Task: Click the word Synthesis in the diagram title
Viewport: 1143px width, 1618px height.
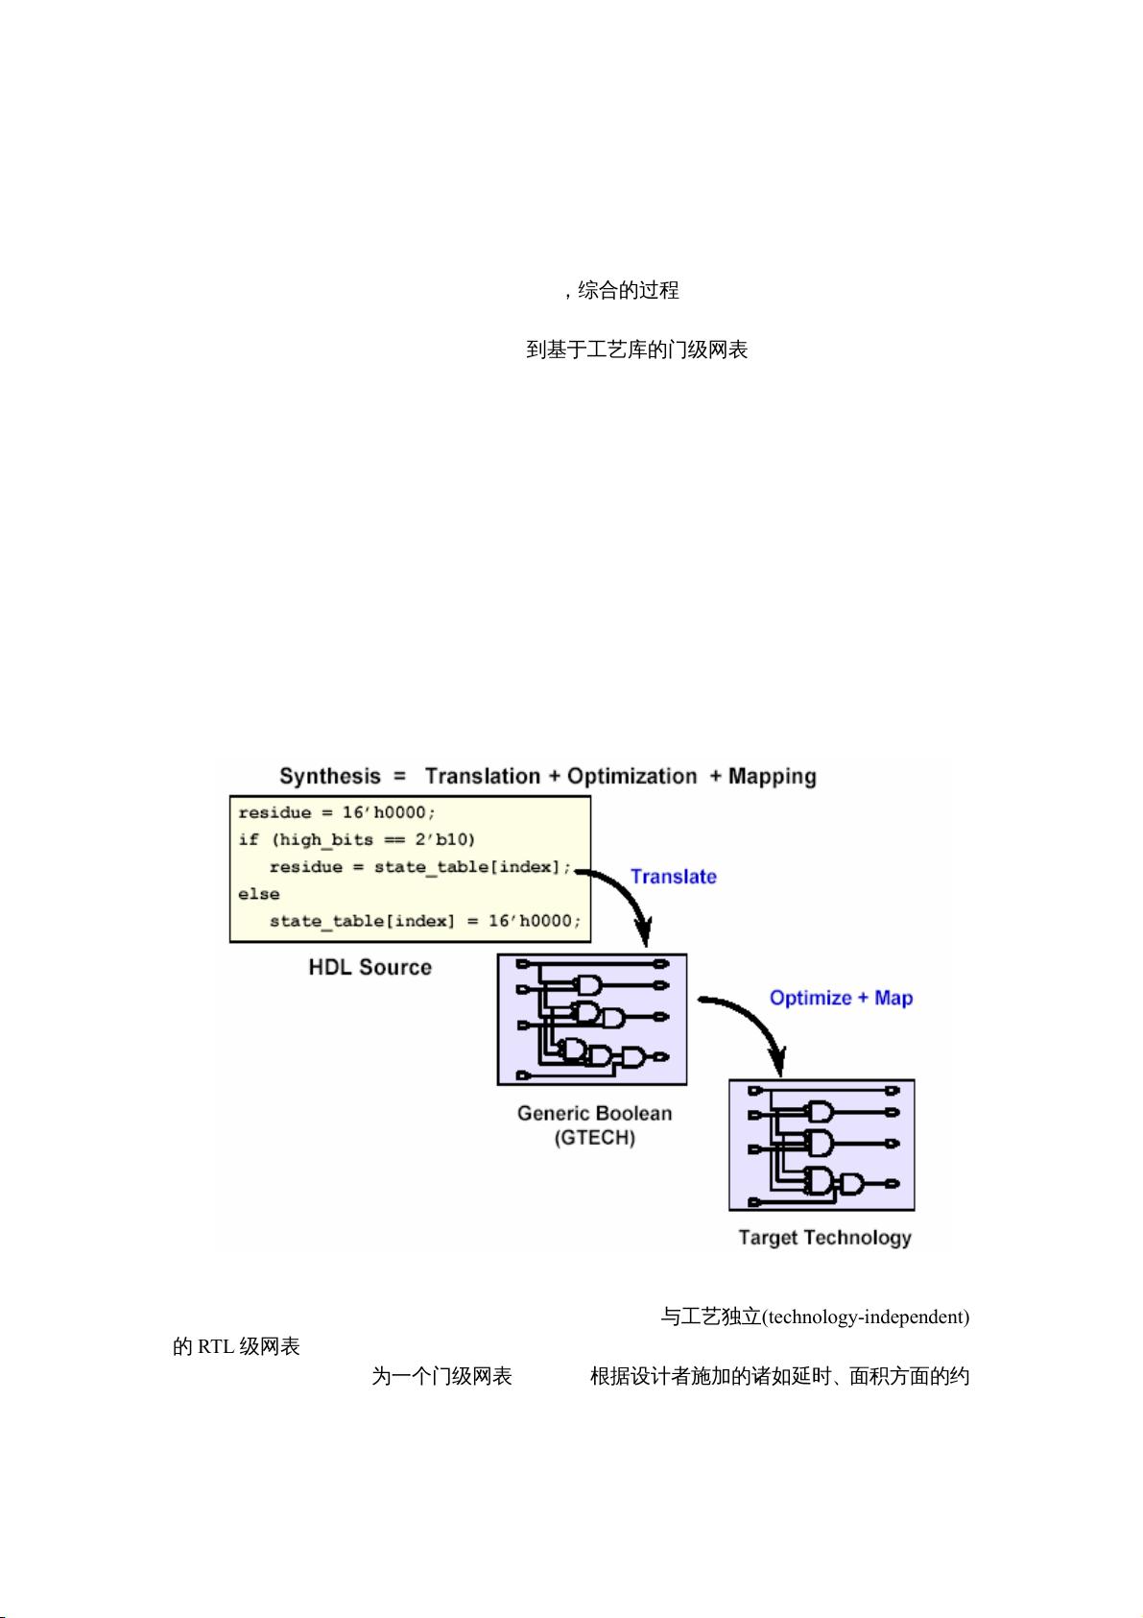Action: point(329,776)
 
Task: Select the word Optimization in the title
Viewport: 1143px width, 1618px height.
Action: point(631,776)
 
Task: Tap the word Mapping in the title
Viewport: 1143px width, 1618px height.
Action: point(772,776)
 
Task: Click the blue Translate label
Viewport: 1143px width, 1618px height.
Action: point(673,876)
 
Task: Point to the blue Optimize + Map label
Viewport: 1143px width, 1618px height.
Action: point(841,998)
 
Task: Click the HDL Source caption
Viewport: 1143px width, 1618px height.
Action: point(369,967)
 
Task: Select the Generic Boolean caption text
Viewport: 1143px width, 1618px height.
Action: point(594,1113)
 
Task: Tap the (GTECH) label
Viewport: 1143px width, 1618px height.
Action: point(594,1139)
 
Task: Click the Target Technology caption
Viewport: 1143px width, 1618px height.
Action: point(824,1237)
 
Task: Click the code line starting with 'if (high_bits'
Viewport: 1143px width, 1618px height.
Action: point(356,839)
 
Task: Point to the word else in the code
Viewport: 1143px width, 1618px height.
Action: point(259,894)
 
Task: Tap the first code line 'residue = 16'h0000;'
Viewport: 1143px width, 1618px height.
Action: point(337,812)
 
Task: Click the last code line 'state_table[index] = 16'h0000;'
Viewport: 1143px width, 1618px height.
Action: point(425,921)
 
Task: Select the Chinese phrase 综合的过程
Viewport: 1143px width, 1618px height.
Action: point(629,290)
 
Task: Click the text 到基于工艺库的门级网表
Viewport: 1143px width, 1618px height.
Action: point(636,350)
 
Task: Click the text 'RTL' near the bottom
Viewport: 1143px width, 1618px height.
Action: point(216,1346)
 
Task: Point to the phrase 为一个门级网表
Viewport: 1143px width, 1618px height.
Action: point(441,1376)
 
